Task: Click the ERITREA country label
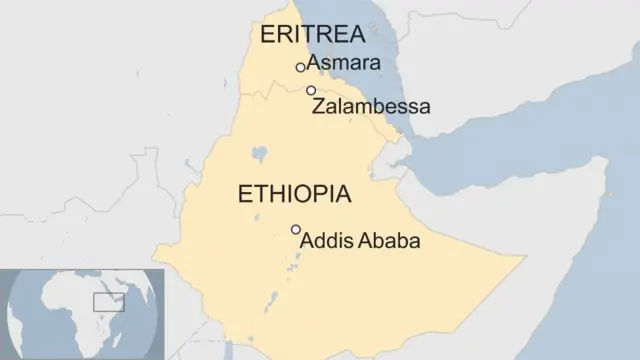tap(312, 35)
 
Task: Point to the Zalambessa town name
tap(371, 105)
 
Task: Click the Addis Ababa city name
tap(360, 241)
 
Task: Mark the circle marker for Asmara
tap(300, 67)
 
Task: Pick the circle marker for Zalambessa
tap(311, 90)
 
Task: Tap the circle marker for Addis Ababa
tap(295, 230)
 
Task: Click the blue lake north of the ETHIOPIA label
tap(260, 155)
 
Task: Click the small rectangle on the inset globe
tap(108, 302)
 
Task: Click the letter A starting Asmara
tap(314, 63)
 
